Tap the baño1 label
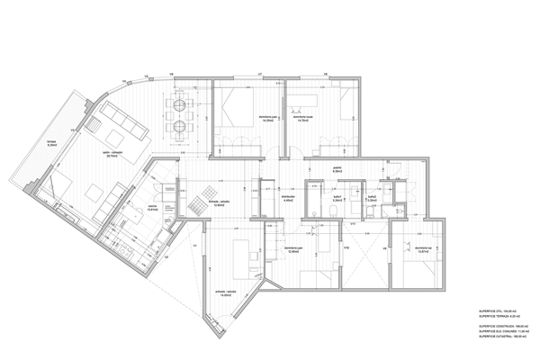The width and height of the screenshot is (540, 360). pos(339,200)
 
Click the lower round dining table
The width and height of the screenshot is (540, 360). pos(179,127)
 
